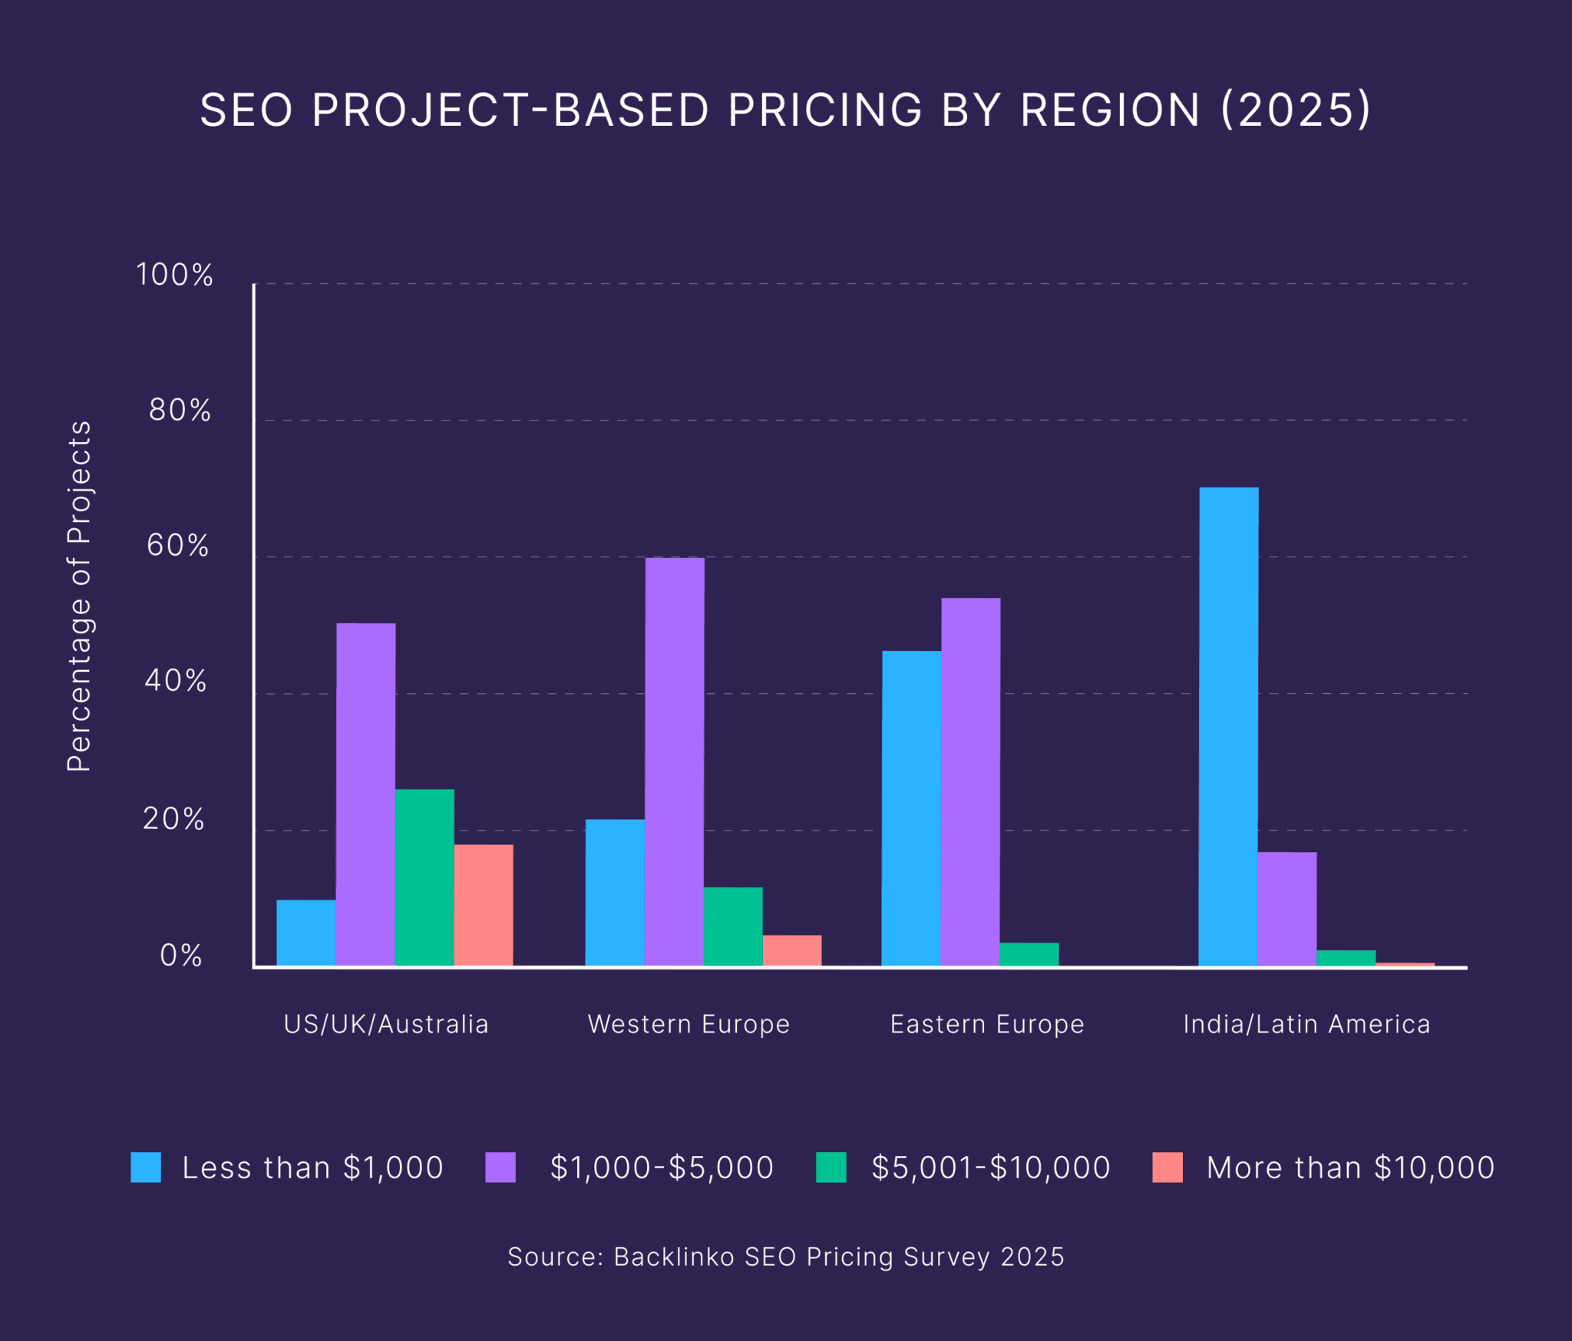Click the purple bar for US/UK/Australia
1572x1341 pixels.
point(366,794)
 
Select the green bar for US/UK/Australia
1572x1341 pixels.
point(424,877)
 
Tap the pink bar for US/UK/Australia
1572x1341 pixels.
point(484,905)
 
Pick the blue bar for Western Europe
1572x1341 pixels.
point(615,893)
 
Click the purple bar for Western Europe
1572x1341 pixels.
point(675,761)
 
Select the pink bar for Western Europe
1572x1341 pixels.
point(792,950)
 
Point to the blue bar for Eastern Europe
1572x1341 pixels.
point(911,808)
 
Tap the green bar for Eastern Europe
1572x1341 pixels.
point(1029,954)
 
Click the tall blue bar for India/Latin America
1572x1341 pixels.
point(1228,726)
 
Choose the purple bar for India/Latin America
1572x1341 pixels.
point(1287,909)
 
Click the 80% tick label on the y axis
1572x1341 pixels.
point(180,411)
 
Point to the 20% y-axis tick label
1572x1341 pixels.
point(173,819)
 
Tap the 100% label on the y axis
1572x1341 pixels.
point(174,275)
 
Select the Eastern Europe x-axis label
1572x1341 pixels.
point(987,1024)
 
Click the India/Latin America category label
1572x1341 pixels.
point(1306,1024)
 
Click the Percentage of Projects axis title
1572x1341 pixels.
point(79,596)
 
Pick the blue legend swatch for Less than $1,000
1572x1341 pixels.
point(146,1168)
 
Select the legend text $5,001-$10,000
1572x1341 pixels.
point(991,1168)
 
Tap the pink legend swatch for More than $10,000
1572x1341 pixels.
point(1167,1168)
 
